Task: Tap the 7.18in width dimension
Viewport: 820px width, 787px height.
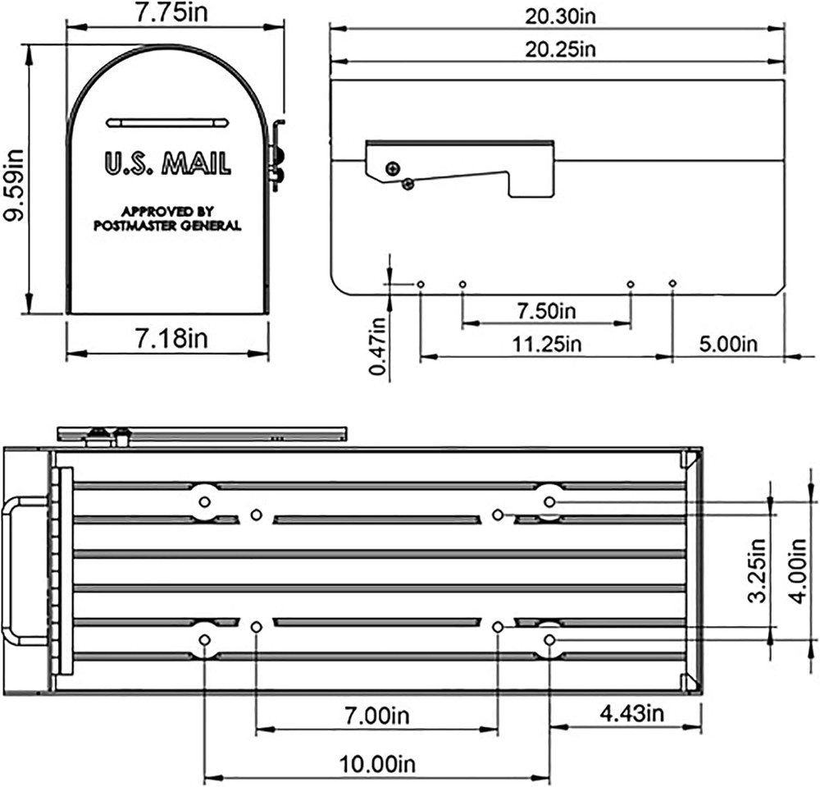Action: [167, 337]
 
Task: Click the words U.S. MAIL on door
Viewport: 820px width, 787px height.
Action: [166, 162]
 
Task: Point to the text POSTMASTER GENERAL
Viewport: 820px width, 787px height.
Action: [166, 226]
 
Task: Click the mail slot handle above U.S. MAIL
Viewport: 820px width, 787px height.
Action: [166, 123]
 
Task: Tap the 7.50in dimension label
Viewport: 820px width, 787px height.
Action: [546, 311]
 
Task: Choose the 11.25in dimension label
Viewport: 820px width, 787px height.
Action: [546, 343]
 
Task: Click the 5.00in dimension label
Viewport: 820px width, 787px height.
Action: [728, 343]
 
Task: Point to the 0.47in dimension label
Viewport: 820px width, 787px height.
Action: [378, 345]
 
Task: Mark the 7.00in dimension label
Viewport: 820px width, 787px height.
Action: [376, 715]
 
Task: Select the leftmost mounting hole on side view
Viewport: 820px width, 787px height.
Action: [421, 284]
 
